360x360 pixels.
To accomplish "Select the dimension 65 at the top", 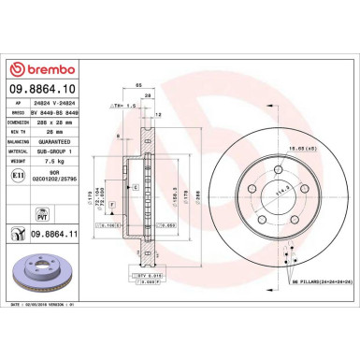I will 137,86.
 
